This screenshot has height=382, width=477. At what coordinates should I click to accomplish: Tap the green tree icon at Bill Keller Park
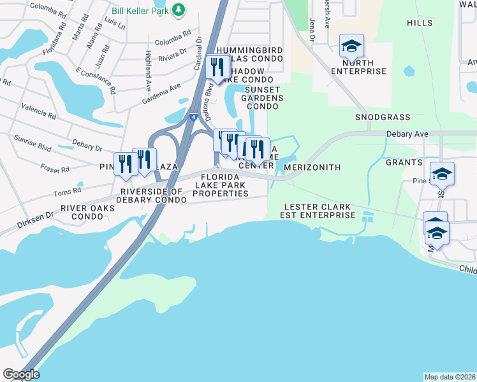pos(179,10)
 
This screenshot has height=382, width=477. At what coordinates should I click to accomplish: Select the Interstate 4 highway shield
pos(192,117)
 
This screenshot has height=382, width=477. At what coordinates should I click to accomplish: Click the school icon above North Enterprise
pos(351,46)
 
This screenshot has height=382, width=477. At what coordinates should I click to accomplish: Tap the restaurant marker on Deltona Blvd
pos(218,67)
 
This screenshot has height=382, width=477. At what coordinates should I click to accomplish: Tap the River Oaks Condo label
pos(88,212)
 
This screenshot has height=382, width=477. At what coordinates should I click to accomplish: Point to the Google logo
pos(21,374)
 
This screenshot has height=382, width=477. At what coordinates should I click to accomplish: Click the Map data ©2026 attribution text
pos(450,376)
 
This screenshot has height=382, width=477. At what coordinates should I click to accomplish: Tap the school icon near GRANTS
pos(442,174)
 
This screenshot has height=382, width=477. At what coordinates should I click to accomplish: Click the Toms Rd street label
pos(68,190)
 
